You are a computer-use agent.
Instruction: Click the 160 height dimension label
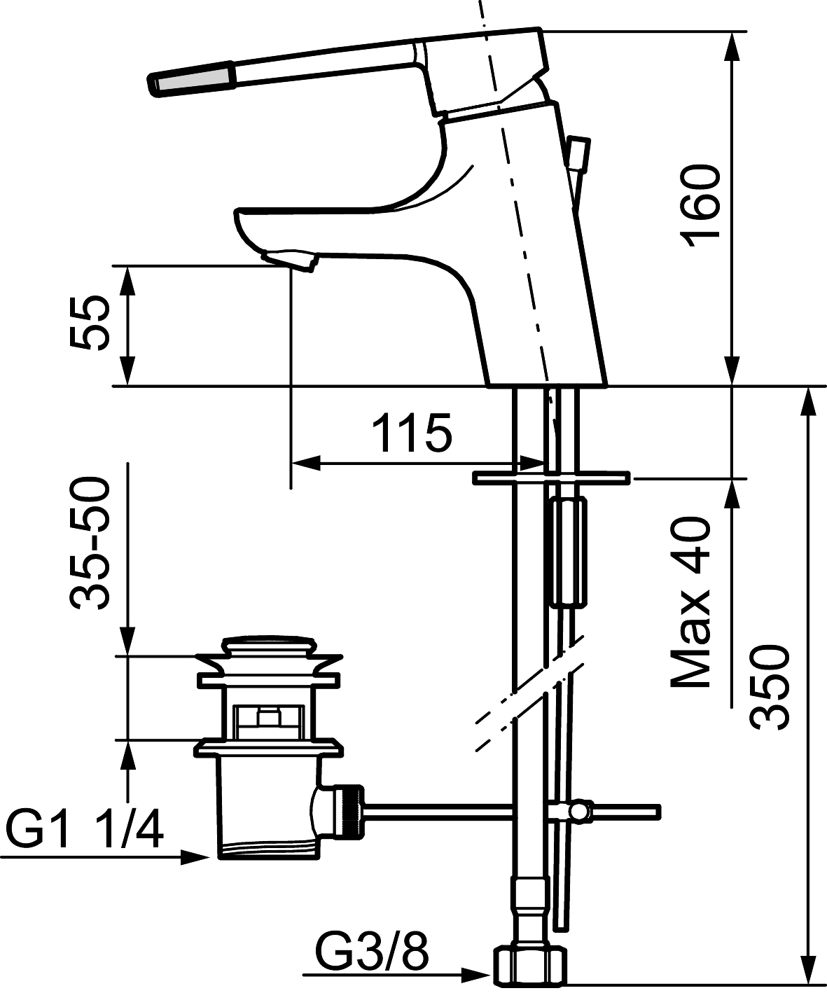coord(703,206)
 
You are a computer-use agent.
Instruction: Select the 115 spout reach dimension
coord(412,433)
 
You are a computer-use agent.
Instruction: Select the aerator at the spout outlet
coord(289,261)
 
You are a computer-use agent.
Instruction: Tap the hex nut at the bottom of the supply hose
coord(530,975)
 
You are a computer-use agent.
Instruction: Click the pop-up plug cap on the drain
coord(270,650)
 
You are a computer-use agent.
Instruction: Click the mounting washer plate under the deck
coord(550,478)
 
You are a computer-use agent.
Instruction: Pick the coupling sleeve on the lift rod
coord(569,553)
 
